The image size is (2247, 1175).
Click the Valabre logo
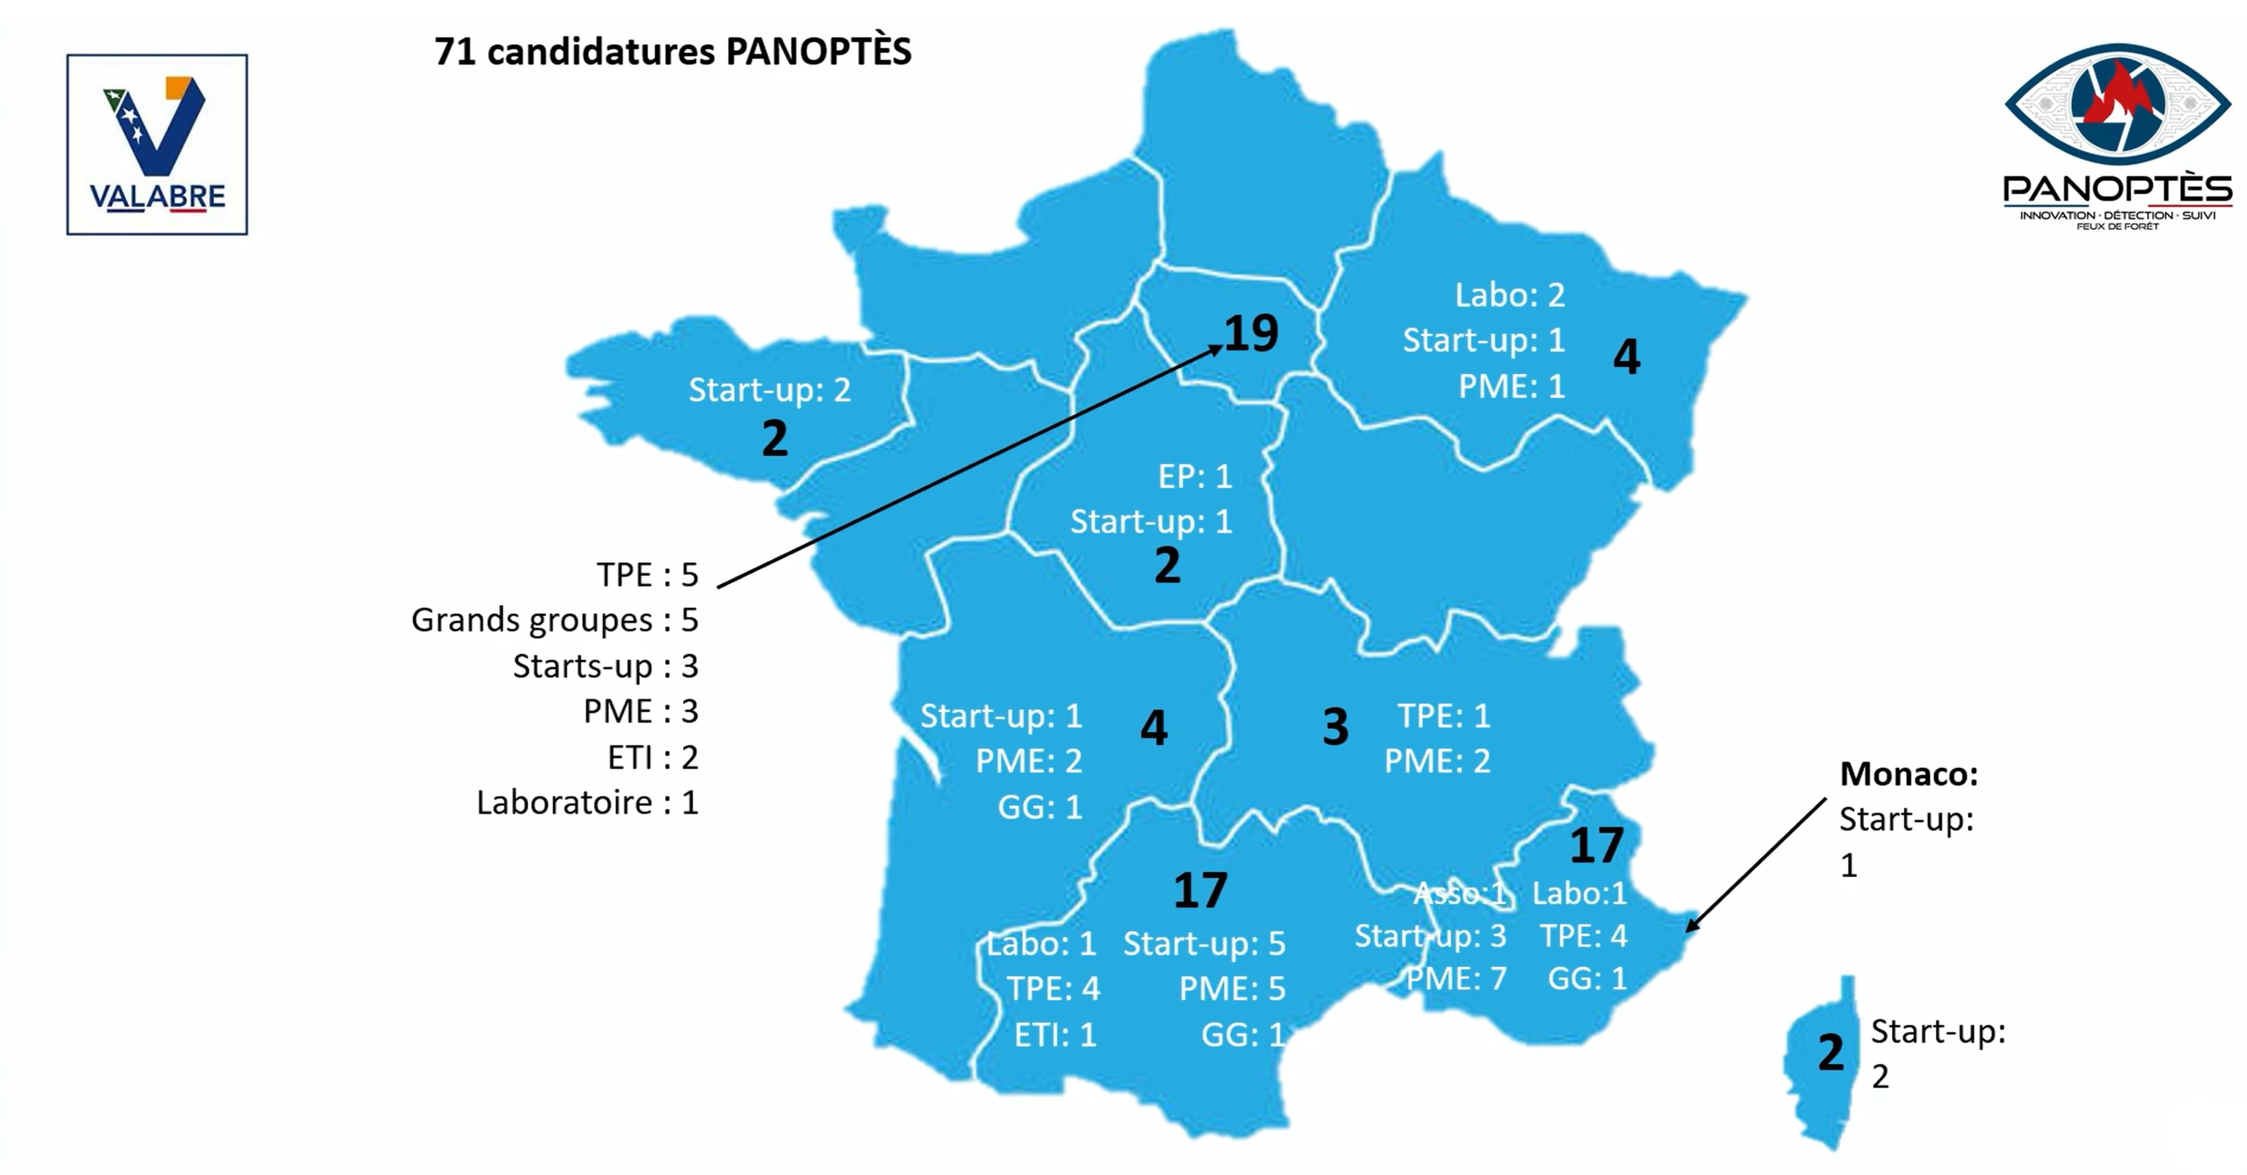pos(157,145)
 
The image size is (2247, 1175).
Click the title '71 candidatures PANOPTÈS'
pos(672,52)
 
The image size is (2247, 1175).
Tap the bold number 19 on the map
pos(1251,333)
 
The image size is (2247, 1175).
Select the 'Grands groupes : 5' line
pos(554,620)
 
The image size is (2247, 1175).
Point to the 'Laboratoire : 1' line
pos(587,803)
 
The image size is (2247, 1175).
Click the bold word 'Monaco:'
pos(1908,774)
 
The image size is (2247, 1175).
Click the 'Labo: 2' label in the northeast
pos(1509,295)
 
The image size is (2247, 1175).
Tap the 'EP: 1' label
pos(1194,476)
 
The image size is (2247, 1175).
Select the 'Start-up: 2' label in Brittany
pos(769,390)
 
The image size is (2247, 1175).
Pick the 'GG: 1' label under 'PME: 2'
pos(1040,807)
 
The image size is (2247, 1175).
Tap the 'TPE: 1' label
pos(1443,716)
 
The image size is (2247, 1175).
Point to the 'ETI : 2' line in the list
pos(652,757)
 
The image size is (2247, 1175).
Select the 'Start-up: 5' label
pos(1204,943)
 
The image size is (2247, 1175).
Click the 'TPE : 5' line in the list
pos(647,575)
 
